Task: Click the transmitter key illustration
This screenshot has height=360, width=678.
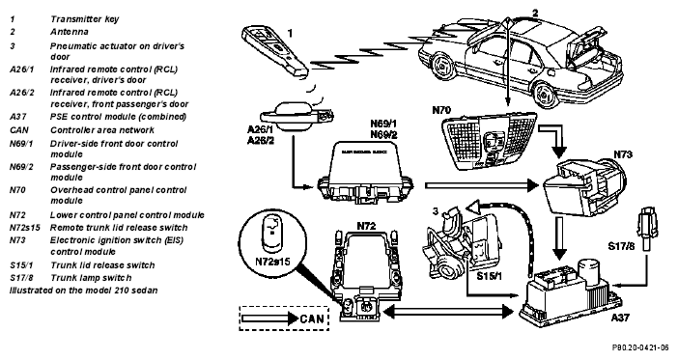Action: (x=275, y=52)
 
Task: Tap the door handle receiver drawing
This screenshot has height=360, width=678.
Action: (x=297, y=116)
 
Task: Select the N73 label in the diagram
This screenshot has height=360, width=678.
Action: (x=623, y=154)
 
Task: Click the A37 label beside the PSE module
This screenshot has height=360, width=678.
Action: (x=620, y=318)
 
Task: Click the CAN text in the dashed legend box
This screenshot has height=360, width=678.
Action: (x=311, y=318)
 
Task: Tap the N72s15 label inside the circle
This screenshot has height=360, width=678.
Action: (x=272, y=262)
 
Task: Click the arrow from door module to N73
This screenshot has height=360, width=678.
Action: (x=481, y=185)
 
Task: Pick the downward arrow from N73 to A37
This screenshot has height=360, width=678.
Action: (x=559, y=238)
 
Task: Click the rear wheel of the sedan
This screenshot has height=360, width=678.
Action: (x=545, y=95)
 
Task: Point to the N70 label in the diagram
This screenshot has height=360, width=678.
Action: (x=441, y=110)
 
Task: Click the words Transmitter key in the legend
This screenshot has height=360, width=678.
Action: (x=84, y=19)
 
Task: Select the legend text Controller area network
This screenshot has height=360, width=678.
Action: (x=102, y=129)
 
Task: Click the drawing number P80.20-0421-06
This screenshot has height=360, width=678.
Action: (x=640, y=347)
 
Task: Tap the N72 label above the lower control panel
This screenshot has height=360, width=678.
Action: (x=366, y=226)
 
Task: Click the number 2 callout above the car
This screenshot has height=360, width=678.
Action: (x=535, y=14)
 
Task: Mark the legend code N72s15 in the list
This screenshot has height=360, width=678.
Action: (x=24, y=228)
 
